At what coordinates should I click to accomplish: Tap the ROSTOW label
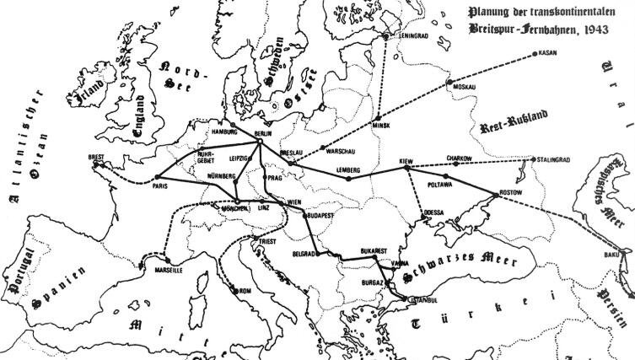click(x=511, y=192)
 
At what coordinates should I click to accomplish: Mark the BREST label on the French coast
click(x=96, y=156)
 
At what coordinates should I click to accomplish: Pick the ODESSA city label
click(x=435, y=212)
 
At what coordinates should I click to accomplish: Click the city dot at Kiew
click(x=407, y=168)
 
